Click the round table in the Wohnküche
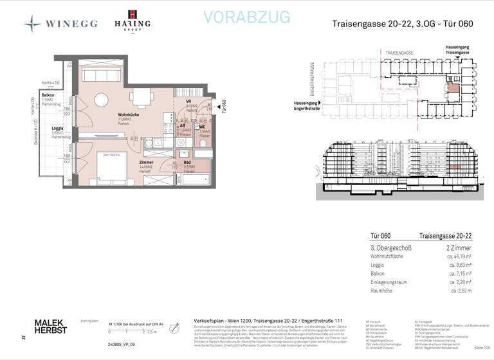click(x=102, y=100)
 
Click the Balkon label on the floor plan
click(x=47, y=95)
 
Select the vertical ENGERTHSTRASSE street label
click(x=329, y=80)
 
